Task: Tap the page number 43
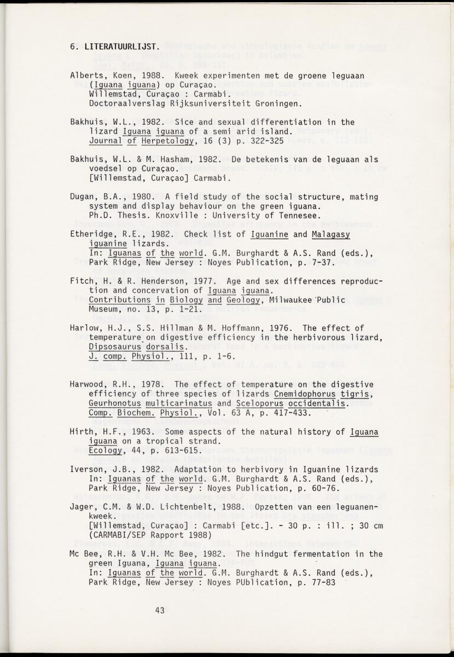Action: pos(160,610)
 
